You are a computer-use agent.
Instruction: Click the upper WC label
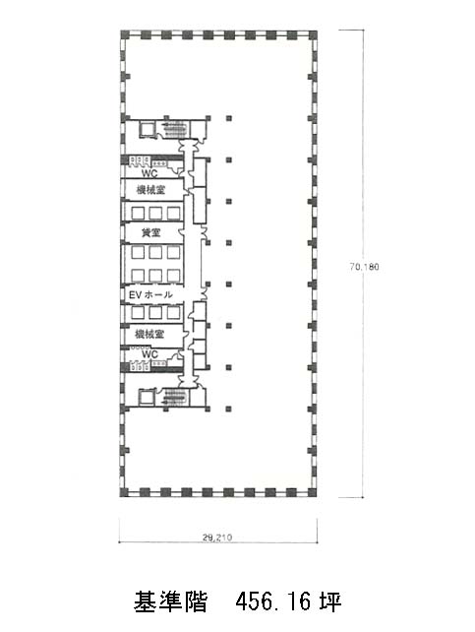[x=149, y=173]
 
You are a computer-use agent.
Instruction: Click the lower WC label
[x=149, y=354]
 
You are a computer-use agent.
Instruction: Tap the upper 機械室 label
[x=150, y=189]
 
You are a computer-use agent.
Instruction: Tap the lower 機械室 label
[x=149, y=334]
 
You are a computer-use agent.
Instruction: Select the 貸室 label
[x=150, y=232]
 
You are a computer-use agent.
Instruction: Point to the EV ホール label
[x=150, y=295]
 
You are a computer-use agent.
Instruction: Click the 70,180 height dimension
[x=364, y=267]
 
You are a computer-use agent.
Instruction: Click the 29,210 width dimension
[x=217, y=537]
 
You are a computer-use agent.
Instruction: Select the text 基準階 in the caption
[x=170, y=602]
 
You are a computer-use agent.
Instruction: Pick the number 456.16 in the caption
[x=273, y=602]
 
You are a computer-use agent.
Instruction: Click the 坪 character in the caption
[x=330, y=602]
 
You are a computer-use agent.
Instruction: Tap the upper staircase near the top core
[x=173, y=129]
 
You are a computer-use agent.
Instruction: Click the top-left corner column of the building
[x=124, y=34]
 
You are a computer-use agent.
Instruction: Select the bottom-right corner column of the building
[x=313, y=492]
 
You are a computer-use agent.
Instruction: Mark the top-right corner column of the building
[x=313, y=34]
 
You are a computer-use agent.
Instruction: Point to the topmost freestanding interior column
[x=228, y=118]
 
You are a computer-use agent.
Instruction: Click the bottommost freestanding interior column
[x=228, y=410]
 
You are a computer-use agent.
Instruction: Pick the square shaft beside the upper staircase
[x=146, y=129]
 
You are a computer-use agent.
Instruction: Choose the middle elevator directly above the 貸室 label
[x=155, y=213]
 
